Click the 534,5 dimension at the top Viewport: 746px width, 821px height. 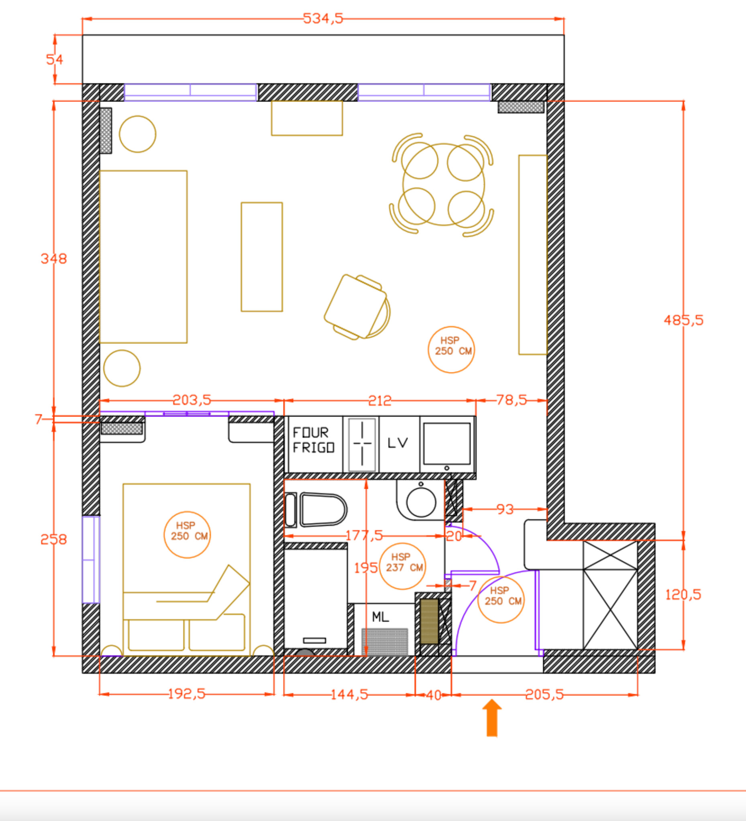pos(323,18)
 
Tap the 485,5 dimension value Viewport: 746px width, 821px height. pos(683,320)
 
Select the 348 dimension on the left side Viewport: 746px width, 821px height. pos(53,258)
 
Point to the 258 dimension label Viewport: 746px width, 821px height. pos(53,539)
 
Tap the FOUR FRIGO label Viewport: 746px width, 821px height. pos(313,440)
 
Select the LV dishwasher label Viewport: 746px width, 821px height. pos(397,443)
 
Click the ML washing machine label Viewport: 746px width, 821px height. pos(381,617)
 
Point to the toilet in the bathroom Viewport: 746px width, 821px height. pos(316,510)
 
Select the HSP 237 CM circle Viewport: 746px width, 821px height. pos(403,566)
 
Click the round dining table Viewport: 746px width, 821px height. pos(444,185)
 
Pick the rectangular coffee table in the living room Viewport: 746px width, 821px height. pos(261,257)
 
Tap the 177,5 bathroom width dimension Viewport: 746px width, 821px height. pos(364,535)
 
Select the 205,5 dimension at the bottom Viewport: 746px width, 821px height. pos(544,694)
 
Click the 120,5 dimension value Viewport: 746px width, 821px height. pos(683,595)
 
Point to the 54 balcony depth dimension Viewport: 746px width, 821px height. pos(54,59)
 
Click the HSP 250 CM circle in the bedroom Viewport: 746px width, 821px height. pos(188,535)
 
